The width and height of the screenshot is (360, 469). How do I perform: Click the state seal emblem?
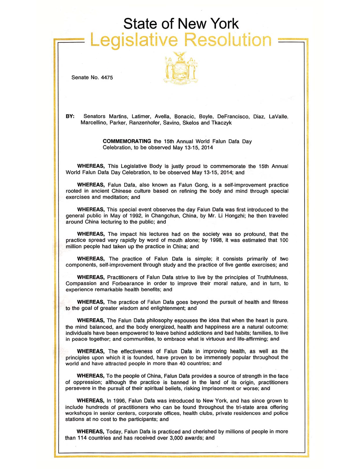click(181, 68)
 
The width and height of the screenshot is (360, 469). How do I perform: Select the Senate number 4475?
click(107, 78)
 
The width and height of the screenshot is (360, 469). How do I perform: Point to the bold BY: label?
click(70, 116)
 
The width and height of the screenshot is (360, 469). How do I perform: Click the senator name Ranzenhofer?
click(144, 123)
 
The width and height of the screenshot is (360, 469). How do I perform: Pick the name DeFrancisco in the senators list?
click(233, 117)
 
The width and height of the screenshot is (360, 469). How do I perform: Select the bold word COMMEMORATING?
click(127, 141)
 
